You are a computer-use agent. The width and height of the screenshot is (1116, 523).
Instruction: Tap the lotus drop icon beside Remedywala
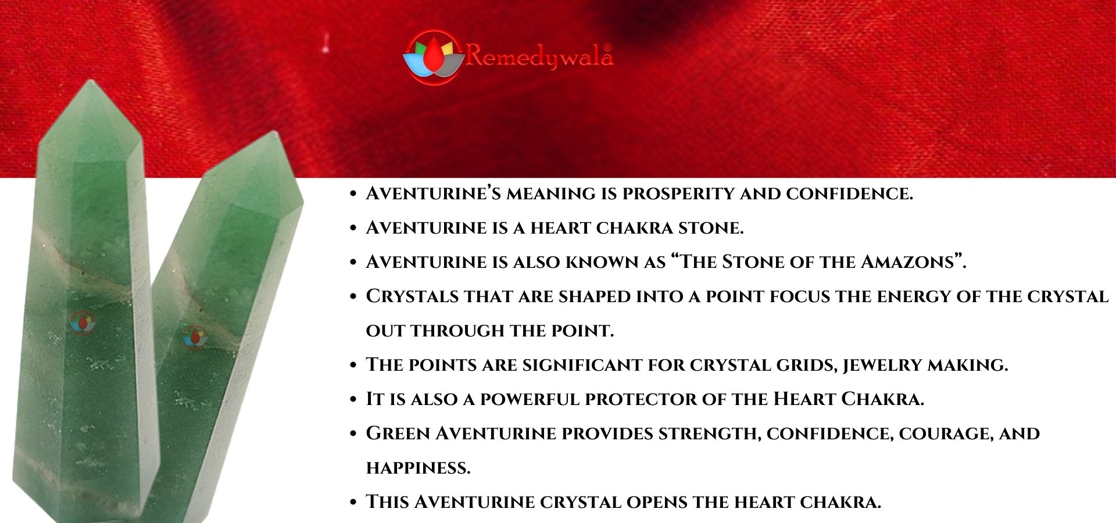(x=432, y=57)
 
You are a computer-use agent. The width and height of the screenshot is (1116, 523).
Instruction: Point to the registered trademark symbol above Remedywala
(x=607, y=47)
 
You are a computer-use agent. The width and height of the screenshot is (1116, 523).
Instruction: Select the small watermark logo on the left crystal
(x=83, y=323)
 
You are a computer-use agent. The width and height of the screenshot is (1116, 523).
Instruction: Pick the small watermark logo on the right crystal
(x=195, y=337)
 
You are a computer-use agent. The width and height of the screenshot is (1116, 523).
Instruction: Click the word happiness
(x=418, y=468)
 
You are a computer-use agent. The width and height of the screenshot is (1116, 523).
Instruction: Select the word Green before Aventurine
(x=398, y=434)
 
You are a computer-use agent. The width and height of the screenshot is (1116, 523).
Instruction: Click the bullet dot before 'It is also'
(x=353, y=399)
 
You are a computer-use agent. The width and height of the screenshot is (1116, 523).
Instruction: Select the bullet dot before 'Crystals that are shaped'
(x=353, y=296)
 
